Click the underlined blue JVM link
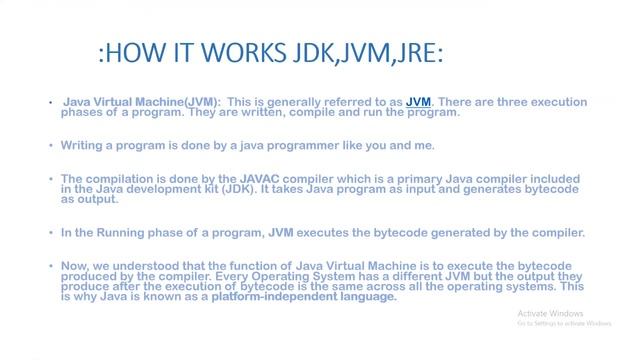pyautogui.click(x=418, y=102)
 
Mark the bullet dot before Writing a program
pyautogui.click(x=50, y=146)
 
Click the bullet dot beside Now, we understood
pyautogui.click(x=50, y=265)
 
